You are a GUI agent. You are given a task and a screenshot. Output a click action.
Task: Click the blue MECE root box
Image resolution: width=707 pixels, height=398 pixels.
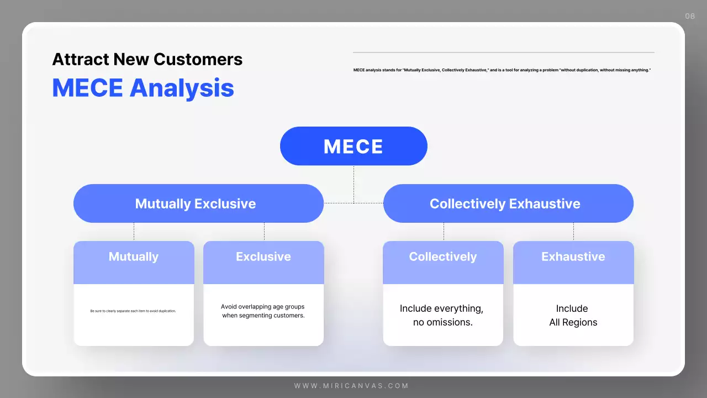tap(353, 146)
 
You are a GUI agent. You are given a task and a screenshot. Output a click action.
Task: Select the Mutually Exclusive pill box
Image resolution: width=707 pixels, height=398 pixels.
tap(198, 203)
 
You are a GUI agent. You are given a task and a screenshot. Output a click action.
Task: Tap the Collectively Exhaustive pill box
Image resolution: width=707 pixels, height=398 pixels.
tap(508, 203)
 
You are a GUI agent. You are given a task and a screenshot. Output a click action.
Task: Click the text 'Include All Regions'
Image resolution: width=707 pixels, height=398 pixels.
tap(573, 315)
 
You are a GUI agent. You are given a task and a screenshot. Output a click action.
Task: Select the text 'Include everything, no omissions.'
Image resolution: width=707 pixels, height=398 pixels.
tap(442, 315)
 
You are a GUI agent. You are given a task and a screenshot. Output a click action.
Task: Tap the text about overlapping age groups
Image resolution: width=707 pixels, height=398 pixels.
tap(263, 311)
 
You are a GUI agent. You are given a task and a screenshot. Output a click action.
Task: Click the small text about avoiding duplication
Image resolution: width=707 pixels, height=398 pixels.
tap(133, 311)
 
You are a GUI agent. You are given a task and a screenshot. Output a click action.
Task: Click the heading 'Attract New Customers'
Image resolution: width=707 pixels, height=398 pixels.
tap(147, 59)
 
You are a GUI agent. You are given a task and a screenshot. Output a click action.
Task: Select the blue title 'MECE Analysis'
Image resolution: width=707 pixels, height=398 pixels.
tap(143, 88)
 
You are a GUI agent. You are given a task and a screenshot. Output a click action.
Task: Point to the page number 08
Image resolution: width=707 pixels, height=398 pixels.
tap(690, 16)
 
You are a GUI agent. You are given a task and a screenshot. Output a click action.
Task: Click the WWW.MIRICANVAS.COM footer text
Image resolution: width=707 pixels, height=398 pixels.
tap(351, 386)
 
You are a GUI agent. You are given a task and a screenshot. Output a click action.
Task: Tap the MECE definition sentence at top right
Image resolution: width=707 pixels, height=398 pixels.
tap(502, 70)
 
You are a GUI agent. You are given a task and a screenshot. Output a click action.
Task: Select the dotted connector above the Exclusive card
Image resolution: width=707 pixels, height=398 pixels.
tap(264, 232)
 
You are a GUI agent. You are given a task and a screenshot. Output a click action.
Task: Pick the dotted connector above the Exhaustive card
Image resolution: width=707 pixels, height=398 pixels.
tap(573, 232)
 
